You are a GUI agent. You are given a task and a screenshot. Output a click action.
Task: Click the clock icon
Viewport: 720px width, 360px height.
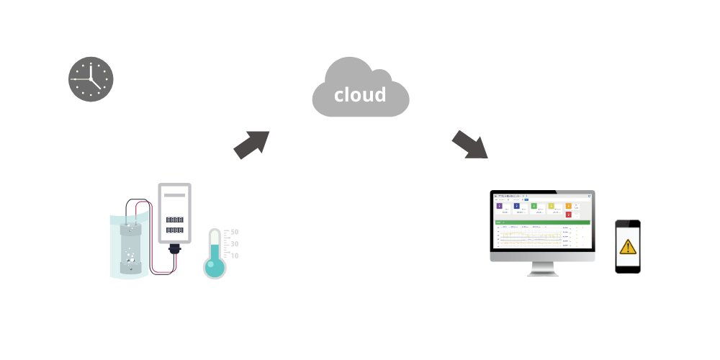pos(91,79)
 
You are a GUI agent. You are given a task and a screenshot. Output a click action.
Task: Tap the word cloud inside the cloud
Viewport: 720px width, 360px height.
pos(360,94)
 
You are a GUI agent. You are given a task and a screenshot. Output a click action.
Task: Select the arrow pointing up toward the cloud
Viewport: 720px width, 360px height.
pos(251,144)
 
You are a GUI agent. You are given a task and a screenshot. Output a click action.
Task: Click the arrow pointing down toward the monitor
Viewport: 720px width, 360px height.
pos(470,145)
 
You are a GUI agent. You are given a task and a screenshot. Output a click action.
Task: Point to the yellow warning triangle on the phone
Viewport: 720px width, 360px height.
pos(628,247)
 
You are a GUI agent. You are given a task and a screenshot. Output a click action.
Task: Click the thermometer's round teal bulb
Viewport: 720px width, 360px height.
pos(215,267)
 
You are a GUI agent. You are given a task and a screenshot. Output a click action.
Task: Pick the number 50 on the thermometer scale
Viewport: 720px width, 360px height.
pos(234,233)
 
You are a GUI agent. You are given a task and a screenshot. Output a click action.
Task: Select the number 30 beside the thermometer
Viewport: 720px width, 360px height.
pos(234,244)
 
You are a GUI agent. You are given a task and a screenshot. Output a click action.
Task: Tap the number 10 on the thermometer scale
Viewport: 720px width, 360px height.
pos(234,256)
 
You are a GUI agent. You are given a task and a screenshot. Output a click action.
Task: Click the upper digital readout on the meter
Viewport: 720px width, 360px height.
pos(174,220)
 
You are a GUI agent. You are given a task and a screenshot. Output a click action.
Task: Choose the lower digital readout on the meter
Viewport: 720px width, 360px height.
pos(174,230)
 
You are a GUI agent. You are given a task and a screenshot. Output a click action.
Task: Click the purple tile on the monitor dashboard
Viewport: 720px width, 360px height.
pos(500,206)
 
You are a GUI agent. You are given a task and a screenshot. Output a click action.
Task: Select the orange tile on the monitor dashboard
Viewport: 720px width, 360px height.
pos(568,206)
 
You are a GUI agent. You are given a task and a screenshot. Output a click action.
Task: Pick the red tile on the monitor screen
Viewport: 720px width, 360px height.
pos(568,215)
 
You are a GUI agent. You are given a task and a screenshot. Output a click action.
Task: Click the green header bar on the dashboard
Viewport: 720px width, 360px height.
pos(542,222)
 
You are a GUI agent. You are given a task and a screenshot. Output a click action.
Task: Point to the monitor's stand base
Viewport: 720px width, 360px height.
pos(542,273)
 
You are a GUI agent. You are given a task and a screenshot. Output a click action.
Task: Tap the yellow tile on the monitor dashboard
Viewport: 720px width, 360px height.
pos(552,206)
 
